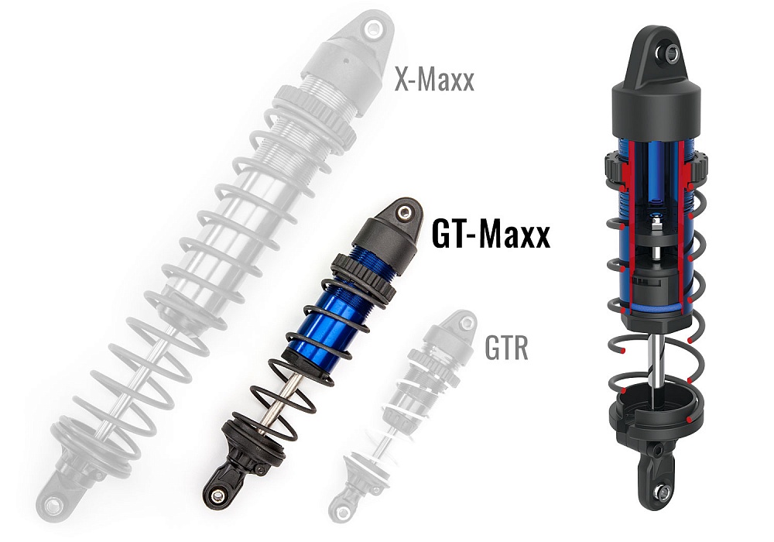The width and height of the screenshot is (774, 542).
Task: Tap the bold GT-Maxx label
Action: click(491, 234)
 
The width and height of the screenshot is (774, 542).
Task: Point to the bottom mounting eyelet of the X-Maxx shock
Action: click(54, 505)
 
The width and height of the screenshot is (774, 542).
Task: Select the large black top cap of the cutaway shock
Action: click(658, 108)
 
